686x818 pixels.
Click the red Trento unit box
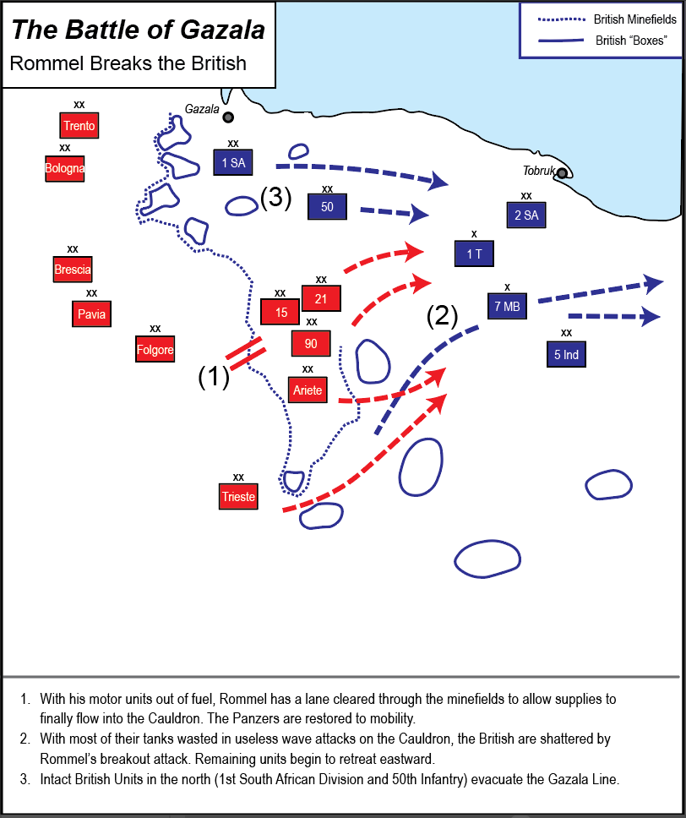79,126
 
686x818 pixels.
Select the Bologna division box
65,168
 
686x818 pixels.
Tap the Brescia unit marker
73,270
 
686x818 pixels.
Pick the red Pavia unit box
91,314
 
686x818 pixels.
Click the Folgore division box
155,349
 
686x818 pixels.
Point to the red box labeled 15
281,312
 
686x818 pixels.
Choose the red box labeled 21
320,298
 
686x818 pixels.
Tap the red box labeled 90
311,343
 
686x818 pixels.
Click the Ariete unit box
308,390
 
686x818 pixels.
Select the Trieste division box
238,496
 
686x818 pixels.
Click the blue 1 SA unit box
233,162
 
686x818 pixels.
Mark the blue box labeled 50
327,207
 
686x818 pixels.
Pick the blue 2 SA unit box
525,215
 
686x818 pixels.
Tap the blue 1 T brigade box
473,253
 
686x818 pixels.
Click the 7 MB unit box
507,306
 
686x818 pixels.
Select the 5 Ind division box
566,354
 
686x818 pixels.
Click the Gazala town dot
228,117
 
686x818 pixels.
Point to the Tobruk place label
538,171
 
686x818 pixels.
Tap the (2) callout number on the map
442,316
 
